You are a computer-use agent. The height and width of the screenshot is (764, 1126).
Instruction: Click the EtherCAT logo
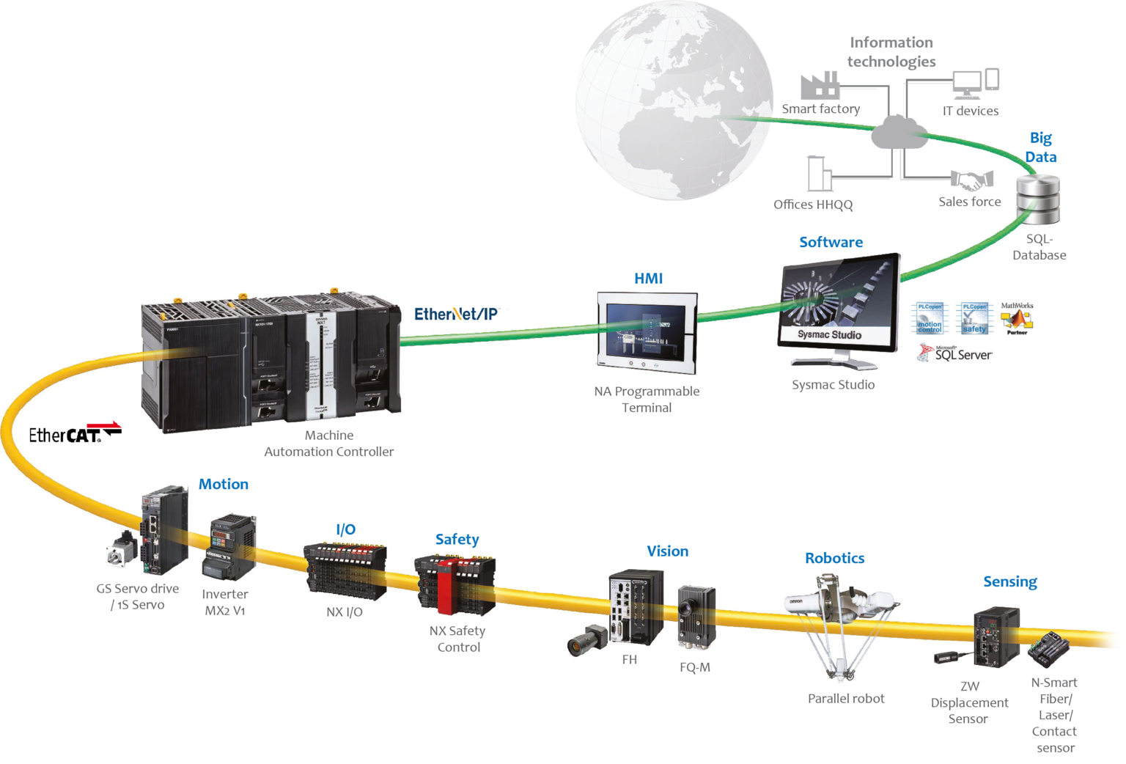point(75,433)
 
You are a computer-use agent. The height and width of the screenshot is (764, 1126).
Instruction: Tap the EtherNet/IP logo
point(456,314)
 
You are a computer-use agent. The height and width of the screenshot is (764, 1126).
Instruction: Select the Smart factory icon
point(820,86)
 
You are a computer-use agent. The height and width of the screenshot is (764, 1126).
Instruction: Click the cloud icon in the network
point(899,132)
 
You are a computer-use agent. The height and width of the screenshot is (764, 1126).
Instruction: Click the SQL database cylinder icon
point(1037,199)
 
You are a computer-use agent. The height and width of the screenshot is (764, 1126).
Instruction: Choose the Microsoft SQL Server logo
point(954,353)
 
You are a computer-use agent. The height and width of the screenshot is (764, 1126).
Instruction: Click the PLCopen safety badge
point(975,319)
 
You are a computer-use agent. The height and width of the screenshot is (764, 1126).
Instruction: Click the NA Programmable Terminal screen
point(647,328)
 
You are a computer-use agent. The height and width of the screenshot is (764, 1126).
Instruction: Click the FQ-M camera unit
point(696,616)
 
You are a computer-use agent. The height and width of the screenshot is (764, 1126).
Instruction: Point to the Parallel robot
point(839,623)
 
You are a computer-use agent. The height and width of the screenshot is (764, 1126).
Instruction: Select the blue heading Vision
point(667,551)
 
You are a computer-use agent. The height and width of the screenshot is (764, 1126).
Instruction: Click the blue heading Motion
point(224,484)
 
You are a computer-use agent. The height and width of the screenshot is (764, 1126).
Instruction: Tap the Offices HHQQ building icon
point(818,174)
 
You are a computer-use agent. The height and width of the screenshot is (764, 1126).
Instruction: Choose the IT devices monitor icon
point(967,84)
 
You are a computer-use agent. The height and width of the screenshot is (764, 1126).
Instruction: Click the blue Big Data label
point(1040,147)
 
